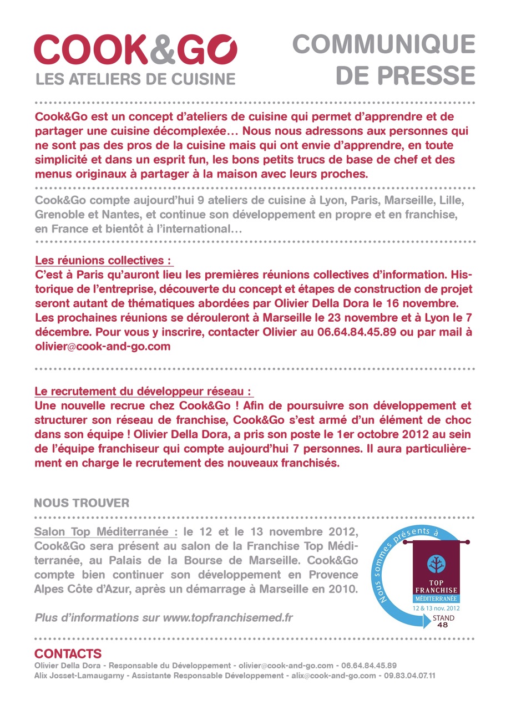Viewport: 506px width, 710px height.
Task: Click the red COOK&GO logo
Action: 135,50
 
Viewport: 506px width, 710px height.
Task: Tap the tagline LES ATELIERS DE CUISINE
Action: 135,79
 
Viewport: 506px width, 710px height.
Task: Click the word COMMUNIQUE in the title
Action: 384,44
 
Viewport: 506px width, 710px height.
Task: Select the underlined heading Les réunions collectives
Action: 103,260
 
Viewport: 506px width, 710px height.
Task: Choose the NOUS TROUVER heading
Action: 82,503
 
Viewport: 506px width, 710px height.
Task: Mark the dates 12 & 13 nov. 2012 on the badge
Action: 436,608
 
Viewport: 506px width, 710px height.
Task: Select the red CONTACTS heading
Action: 68,653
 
